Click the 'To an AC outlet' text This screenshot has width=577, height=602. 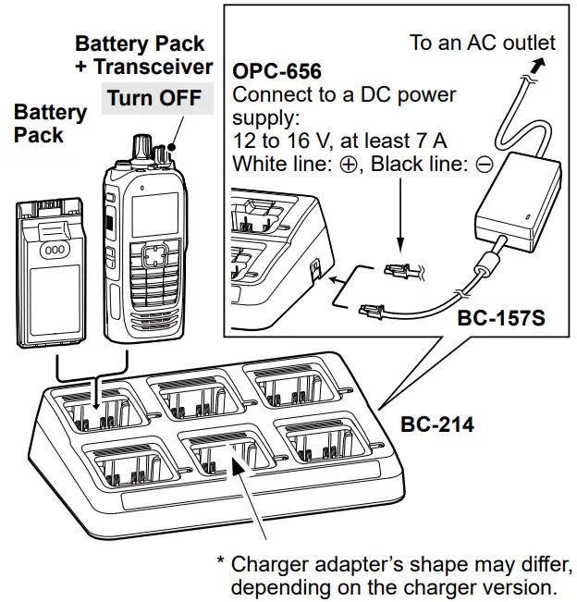pos(483,43)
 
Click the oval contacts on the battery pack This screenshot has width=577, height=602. pos(53,250)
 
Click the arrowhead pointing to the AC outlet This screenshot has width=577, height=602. pos(538,62)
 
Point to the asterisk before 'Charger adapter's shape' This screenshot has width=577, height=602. pos(221,561)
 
